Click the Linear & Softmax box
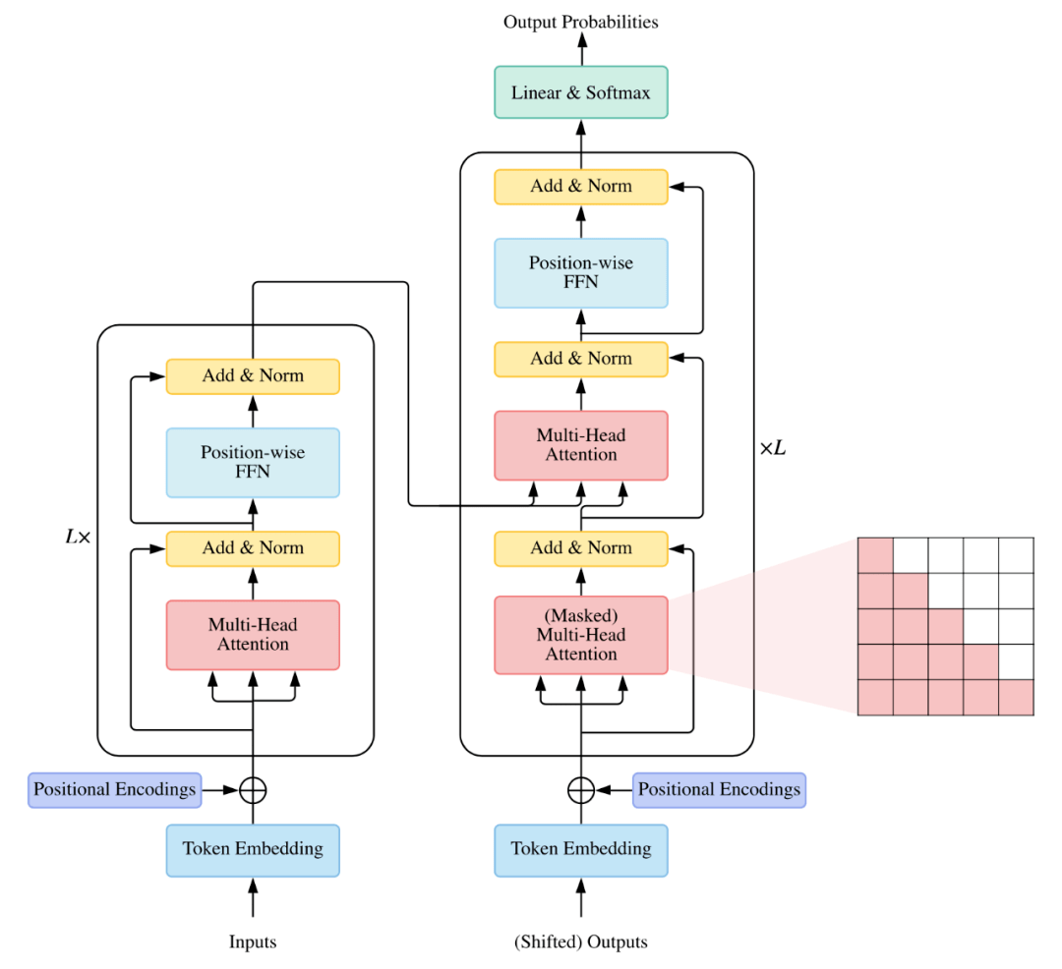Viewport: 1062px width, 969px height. tap(580, 92)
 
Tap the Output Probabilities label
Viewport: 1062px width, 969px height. tap(580, 21)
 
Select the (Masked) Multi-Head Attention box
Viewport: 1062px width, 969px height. tap(580, 635)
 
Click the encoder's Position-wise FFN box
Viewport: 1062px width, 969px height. tap(253, 462)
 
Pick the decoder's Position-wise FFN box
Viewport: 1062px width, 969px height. tap(580, 272)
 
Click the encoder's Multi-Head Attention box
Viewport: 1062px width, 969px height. tap(253, 635)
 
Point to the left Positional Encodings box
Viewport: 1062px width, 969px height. tap(114, 789)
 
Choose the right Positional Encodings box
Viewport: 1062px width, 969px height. tap(719, 789)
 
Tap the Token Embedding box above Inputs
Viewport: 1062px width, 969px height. tap(253, 849)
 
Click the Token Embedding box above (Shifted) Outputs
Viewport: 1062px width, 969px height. tap(580, 849)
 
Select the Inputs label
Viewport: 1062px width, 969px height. tap(253, 942)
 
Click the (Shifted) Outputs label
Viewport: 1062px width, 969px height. tap(580, 942)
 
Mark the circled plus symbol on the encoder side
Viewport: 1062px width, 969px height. tap(253, 789)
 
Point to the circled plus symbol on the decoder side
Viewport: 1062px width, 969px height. tap(580, 789)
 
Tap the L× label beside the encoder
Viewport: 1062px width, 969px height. tap(78, 538)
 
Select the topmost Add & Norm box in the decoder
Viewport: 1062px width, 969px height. tap(580, 186)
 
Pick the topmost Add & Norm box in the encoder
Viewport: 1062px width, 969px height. tap(253, 375)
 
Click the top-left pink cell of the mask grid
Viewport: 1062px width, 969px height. tap(875, 554)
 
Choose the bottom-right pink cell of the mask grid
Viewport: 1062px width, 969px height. tap(1016, 697)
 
